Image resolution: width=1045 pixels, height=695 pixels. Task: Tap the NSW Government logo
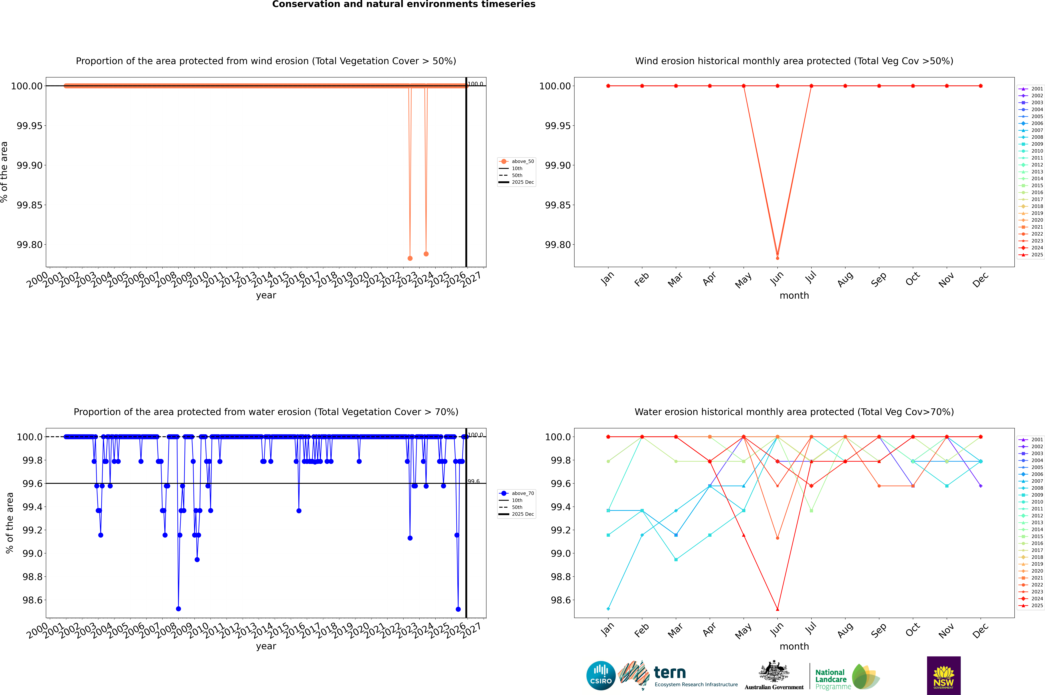(x=944, y=676)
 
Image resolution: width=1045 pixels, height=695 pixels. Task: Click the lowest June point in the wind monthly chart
(x=777, y=258)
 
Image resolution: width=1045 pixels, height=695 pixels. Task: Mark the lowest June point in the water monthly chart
(x=777, y=609)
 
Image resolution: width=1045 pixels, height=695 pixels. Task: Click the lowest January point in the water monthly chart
(x=608, y=609)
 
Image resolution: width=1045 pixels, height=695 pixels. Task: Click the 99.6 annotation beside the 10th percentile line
(x=474, y=481)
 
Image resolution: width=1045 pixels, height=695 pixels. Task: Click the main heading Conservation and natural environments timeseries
(x=404, y=4)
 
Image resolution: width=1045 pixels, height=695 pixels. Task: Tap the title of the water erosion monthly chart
(x=794, y=412)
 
